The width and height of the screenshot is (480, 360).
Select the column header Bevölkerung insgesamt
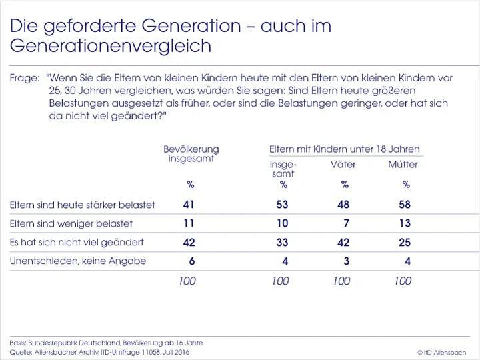pyautogui.click(x=191, y=154)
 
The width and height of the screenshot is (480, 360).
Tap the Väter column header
pyautogui.click(x=343, y=165)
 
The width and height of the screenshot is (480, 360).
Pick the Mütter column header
pyautogui.click(x=403, y=165)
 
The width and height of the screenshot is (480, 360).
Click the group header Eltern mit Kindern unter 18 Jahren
pyautogui.click(x=344, y=149)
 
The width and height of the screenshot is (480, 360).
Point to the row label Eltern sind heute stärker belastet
pyautogui.click(x=82, y=205)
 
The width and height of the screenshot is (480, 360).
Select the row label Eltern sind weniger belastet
pyautogui.click(x=71, y=223)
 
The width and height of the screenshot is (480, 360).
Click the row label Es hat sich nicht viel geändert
pyautogui.click(x=77, y=242)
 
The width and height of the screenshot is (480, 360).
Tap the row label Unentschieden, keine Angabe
pyautogui.click(x=78, y=261)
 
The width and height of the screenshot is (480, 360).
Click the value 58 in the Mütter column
pyautogui.click(x=405, y=205)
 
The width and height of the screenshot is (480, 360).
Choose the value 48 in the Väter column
pyautogui.click(x=343, y=205)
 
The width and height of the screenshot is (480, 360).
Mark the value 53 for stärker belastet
pyautogui.click(x=283, y=205)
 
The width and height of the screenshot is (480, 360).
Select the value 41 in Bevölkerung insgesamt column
pyautogui.click(x=189, y=205)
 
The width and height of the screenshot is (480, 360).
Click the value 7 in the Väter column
pyautogui.click(x=347, y=223)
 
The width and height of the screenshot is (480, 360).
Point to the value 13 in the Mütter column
pyautogui.click(x=405, y=223)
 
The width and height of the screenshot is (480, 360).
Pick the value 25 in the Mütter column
pyautogui.click(x=405, y=243)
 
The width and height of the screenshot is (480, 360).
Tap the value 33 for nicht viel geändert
pyautogui.click(x=283, y=243)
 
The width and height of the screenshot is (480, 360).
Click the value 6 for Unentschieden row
pyautogui.click(x=192, y=261)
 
